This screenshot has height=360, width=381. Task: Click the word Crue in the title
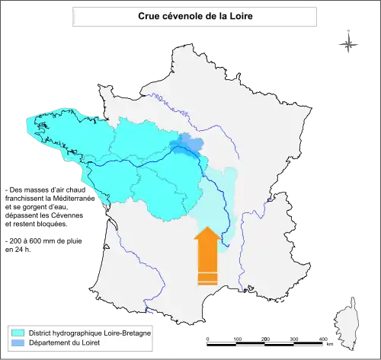(149, 16)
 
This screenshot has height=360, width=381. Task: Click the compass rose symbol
(349, 43)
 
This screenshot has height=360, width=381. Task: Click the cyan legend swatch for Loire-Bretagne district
(18, 333)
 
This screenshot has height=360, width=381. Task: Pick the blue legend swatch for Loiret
(18, 344)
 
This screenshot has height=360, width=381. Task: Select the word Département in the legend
(52, 344)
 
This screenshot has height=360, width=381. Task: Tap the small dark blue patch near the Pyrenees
(151, 311)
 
